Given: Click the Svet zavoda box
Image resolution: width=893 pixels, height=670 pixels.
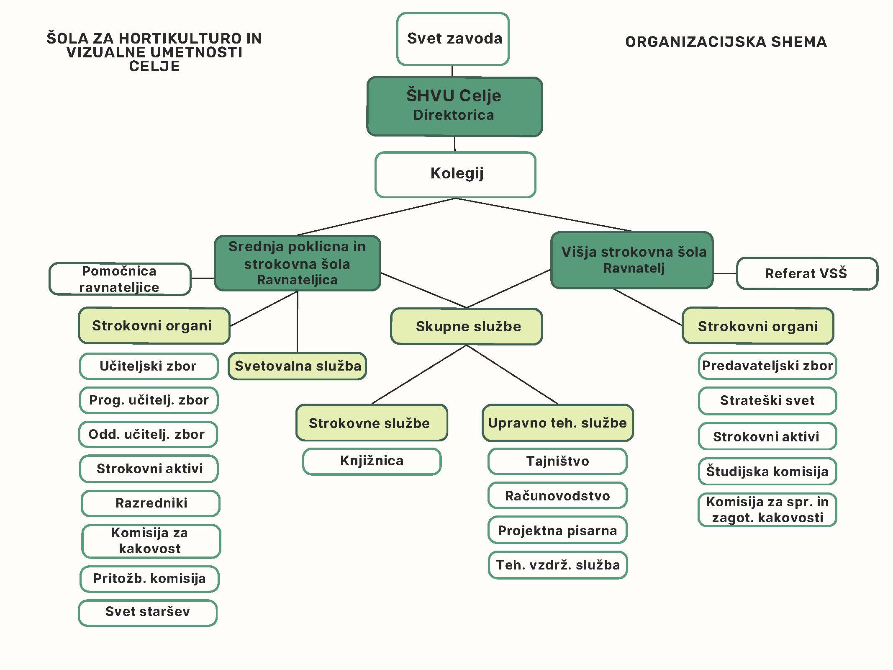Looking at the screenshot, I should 453,39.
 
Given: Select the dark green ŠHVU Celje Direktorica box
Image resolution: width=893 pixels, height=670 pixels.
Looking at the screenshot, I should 454,106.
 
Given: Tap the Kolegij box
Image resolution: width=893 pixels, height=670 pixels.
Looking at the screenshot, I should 455,174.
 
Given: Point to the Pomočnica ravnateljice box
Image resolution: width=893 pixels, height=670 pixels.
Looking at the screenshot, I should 120,279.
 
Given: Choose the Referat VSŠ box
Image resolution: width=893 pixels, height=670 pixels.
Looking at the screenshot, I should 806,273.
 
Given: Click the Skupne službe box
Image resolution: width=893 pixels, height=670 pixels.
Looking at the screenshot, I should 467,327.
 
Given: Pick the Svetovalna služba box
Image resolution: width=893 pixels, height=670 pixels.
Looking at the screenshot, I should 297,366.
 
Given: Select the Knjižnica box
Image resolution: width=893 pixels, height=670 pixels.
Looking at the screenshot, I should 372,461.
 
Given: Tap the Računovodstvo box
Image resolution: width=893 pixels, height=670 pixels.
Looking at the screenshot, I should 557,496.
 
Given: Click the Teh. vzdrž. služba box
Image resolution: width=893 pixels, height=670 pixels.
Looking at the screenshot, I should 557,565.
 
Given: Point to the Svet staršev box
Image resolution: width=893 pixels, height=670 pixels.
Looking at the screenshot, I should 148,612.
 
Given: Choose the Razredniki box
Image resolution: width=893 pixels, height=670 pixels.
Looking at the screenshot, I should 151,503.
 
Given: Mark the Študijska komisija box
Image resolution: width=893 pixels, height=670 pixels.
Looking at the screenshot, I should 767,472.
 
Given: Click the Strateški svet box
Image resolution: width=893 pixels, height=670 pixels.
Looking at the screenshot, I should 767,401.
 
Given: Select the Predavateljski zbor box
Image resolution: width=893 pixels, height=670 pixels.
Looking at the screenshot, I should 767,366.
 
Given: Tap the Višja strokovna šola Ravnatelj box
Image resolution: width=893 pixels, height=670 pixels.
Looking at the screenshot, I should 632,260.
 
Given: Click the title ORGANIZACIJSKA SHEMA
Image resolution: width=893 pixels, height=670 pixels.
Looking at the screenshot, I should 726,42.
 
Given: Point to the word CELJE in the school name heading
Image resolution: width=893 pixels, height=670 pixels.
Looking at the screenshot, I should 154,66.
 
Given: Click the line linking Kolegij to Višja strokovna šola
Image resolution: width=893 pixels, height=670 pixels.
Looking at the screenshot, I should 544,214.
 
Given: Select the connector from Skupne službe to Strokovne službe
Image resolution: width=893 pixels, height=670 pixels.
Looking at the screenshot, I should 418,375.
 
